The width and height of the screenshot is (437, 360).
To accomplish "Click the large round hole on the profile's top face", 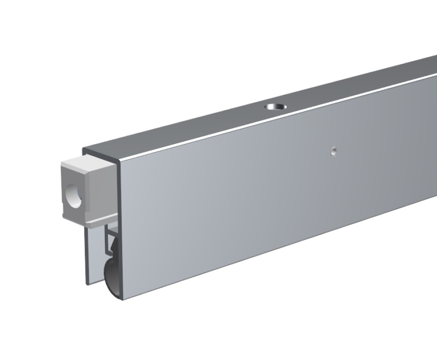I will (x=276, y=107).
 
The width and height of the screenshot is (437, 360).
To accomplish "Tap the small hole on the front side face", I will (x=333, y=151).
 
